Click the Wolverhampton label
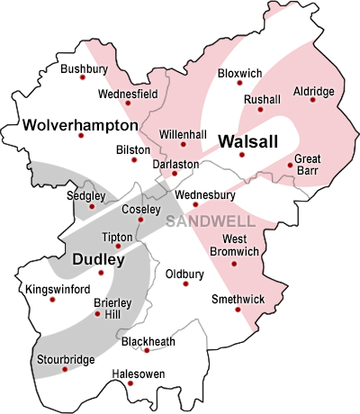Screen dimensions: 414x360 (x=81, y=123)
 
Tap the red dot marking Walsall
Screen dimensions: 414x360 (x=241, y=156)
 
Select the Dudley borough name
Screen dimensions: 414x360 (x=99, y=259)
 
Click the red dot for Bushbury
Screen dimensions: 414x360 (x=83, y=77)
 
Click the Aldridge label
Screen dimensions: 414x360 (x=313, y=92)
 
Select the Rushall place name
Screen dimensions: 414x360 (x=262, y=99)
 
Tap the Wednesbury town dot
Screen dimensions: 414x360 (x=195, y=204)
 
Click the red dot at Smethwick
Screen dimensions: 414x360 (x=238, y=310)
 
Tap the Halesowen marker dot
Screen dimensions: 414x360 (x=130, y=384)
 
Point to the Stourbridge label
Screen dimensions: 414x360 (x=66, y=360)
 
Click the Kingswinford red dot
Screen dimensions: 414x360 (x=52, y=299)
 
